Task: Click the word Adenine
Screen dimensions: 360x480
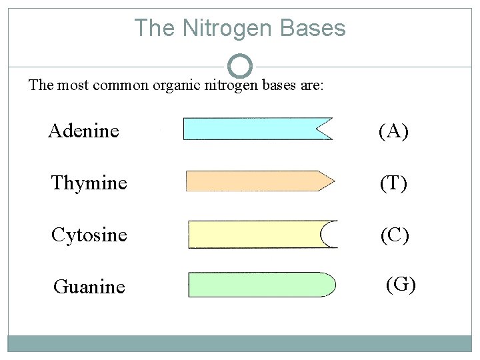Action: coord(83,131)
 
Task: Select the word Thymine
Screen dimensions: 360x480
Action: coord(89,182)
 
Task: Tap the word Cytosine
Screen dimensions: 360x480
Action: coord(89,235)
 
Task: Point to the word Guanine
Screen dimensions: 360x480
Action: coord(89,287)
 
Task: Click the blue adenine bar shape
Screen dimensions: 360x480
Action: coord(253,128)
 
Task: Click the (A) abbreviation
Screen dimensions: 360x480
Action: coord(393,131)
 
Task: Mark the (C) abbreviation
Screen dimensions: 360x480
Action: coord(394,235)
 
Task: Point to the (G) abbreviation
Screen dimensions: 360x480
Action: coord(401,284)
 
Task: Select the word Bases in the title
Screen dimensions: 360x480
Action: coord(313,28)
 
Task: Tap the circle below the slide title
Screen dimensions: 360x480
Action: coord(240,65)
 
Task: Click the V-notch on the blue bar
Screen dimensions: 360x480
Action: coord(325,128)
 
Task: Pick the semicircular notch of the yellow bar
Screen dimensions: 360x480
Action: coord(329,234)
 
